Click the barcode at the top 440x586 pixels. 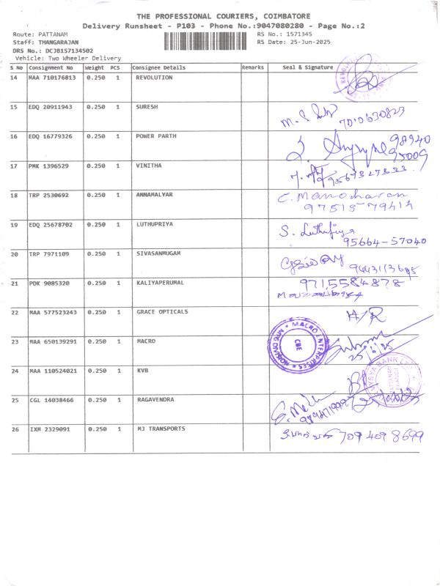click(x=209, y=40)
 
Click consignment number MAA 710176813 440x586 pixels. click(x=51, y=78)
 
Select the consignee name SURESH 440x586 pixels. click(x=147, y=107)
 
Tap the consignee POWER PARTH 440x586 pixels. click(x=155, y=136)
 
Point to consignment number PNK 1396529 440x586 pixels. click(x=49, y=166)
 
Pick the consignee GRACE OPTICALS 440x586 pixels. click(x=161, y=312)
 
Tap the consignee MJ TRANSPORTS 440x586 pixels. click(x=161, y=429)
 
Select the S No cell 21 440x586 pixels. click(x=15, y=283)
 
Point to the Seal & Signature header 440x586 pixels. click(x=308, y=67)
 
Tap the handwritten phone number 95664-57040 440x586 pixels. click(x=384, y=241)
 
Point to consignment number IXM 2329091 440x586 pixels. click(x=49, y=429)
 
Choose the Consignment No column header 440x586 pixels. click(x=51, y=67)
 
